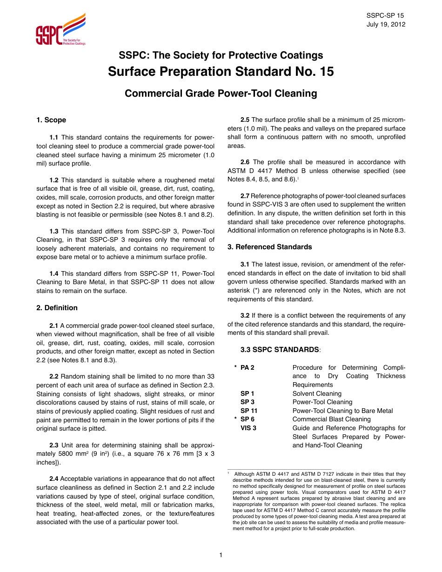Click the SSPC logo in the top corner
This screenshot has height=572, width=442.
(60, 30)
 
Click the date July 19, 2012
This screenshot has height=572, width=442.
(386, 24)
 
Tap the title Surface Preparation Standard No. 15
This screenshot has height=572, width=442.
(221, 72)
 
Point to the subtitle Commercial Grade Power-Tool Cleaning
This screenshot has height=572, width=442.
(221, 93)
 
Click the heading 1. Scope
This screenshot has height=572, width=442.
(51, 120)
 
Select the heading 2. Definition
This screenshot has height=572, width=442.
(57, 308)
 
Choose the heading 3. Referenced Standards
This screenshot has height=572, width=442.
(269, 247)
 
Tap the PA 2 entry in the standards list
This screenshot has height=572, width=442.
(248, 367)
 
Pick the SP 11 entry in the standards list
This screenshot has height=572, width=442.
(249, 411)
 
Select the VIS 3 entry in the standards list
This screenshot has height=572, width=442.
(248, 428)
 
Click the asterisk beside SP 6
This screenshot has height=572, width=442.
(236, 419)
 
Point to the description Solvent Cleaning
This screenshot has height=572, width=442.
(317, 393)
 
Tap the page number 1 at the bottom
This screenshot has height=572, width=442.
(221, 555)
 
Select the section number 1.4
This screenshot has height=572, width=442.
(54, 273)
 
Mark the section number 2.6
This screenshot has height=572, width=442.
(245, 162)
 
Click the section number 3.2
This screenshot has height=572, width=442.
(245, 316)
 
